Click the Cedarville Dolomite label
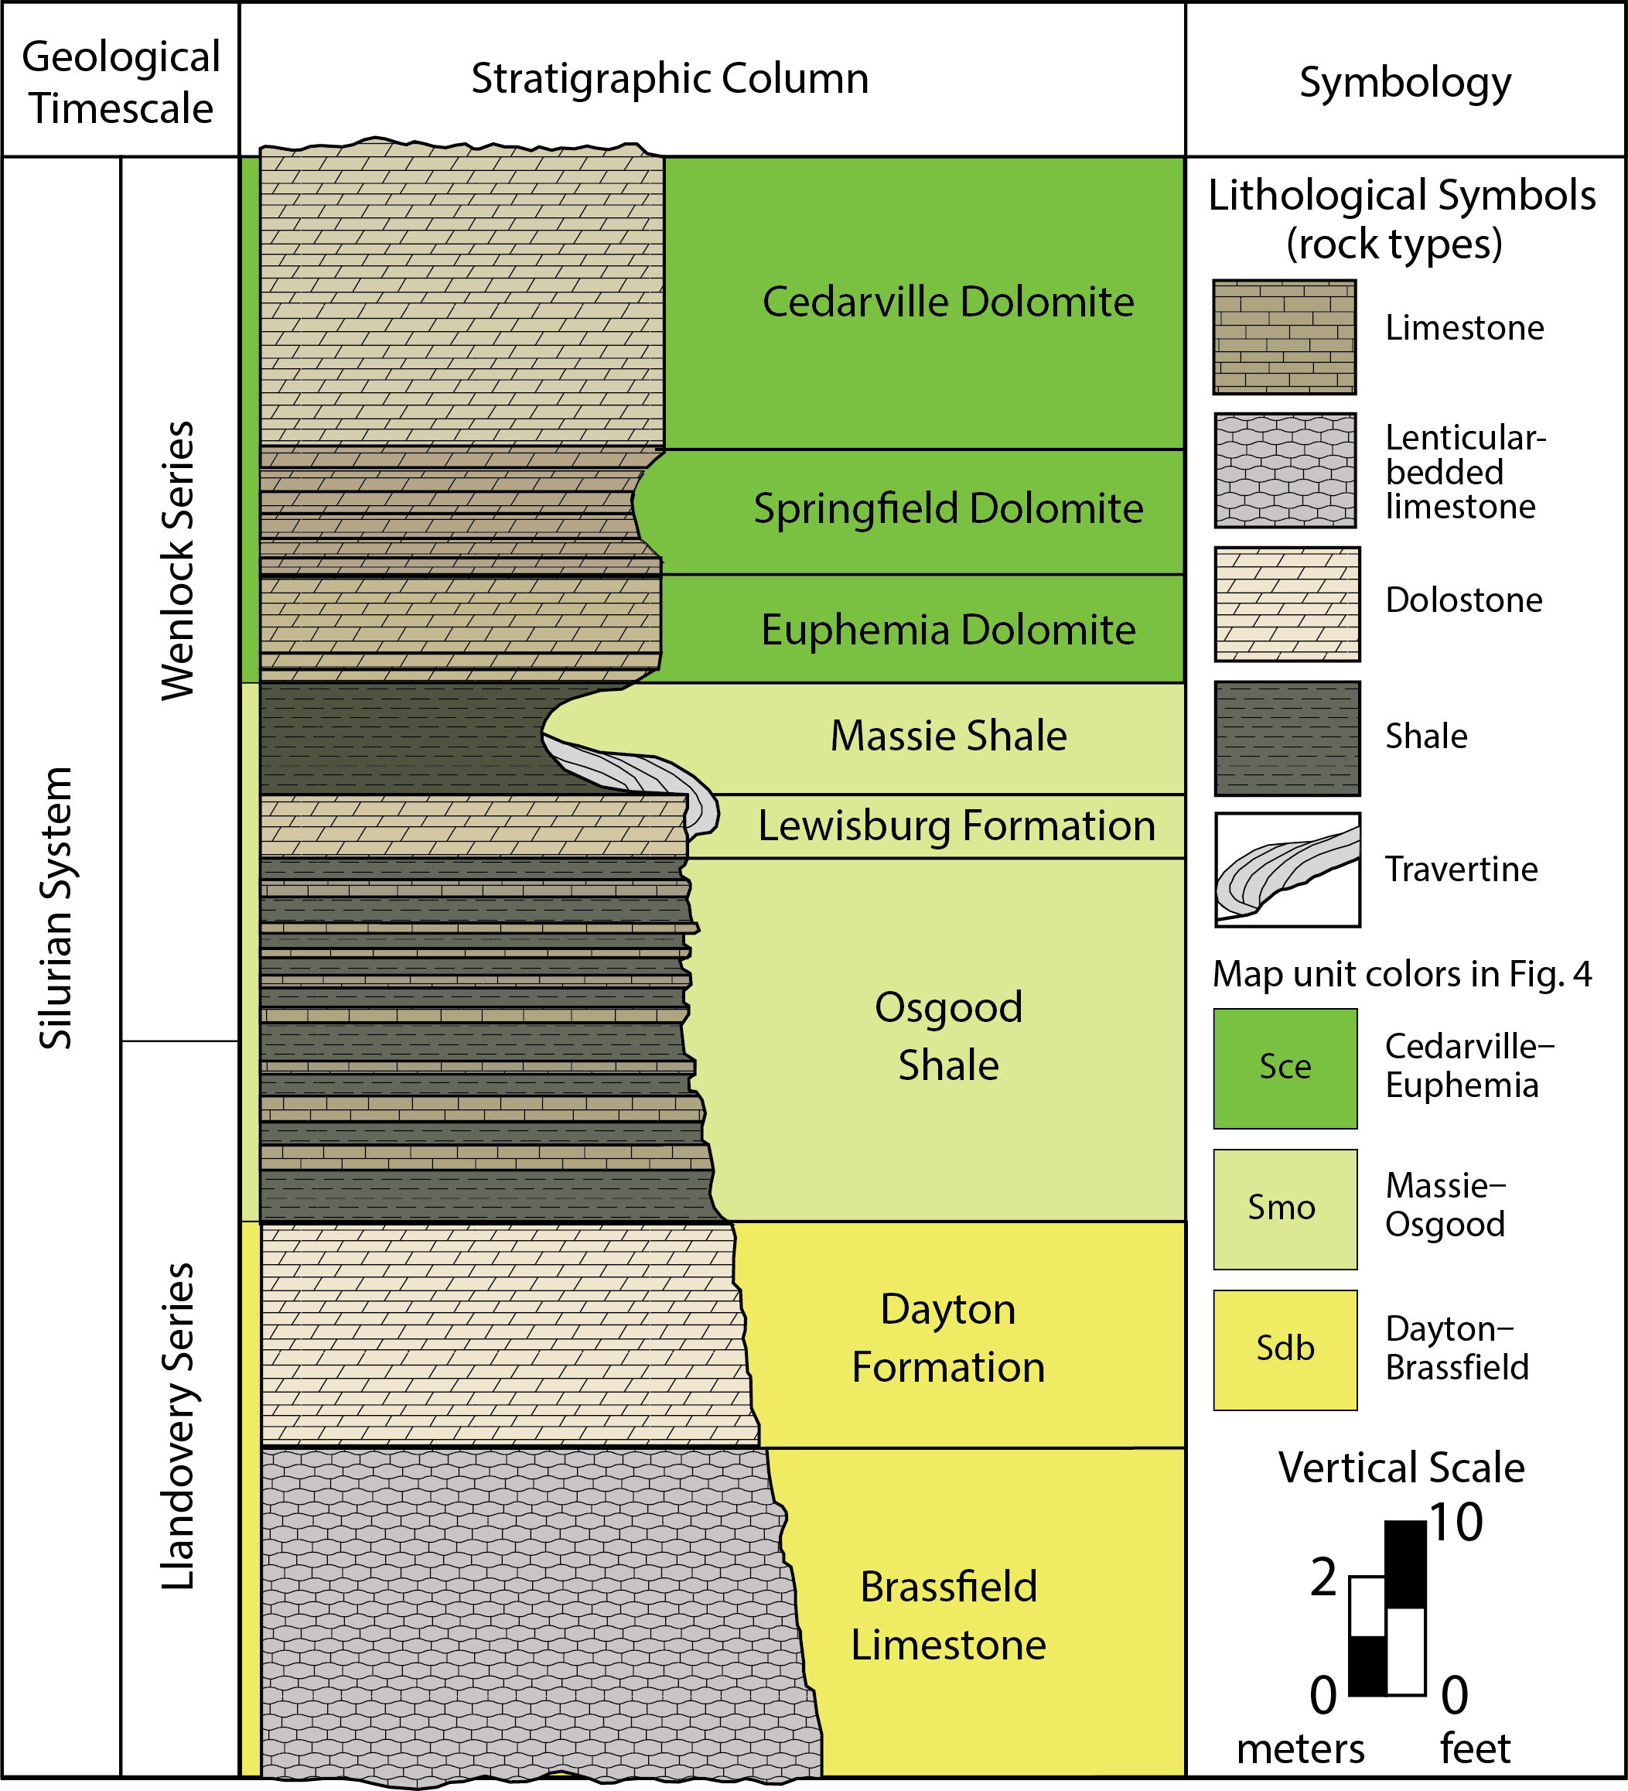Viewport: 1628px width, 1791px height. click(x=947, y=302)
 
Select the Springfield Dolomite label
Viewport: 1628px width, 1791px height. click(x=947, y=509)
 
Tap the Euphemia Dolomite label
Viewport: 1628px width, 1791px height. click(x=947, y=630)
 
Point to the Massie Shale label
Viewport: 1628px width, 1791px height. click(x=947, y=737)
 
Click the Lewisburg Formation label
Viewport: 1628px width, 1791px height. click(x=956, y=826)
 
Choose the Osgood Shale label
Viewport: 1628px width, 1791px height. click(x=947, y=1036)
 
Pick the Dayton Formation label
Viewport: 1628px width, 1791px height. click(x=947, y=1338)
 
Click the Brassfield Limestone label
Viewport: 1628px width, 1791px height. click(x=947, y=1615)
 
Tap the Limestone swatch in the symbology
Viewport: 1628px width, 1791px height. click(x=1285, y=337)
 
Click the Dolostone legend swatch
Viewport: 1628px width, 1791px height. click(x=1286, y=604)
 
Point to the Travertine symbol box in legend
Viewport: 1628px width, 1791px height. click(x=1286, y=870)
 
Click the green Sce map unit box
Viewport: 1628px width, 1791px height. click(x=1285, y=1068)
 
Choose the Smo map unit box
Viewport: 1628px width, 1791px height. click(x=1285, y=1208)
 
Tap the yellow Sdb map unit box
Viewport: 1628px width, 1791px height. click(x=1285, y=1349)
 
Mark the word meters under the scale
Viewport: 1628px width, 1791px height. click(x=1299, y=1749)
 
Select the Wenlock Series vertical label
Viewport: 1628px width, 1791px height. click(x=178, y=562)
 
